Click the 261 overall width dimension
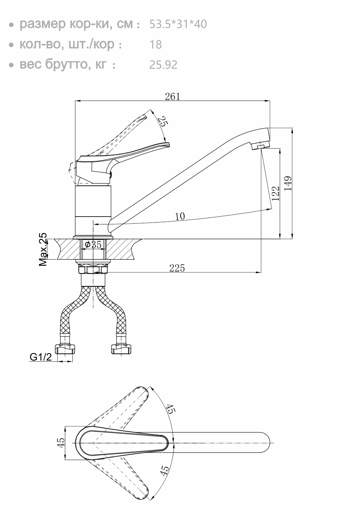(x=172, y=96)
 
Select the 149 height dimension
(x=288, y=184)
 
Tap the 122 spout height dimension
(x=276, y=194)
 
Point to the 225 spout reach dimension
(x=177, y=268)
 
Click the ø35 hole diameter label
(x=93, y=244)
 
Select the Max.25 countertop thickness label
(x=43, y=250)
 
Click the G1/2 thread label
(x=41, y=357)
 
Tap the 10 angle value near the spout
(x=180, y=216)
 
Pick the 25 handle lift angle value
(x=163, y=121)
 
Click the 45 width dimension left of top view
(x=61, y=442)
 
